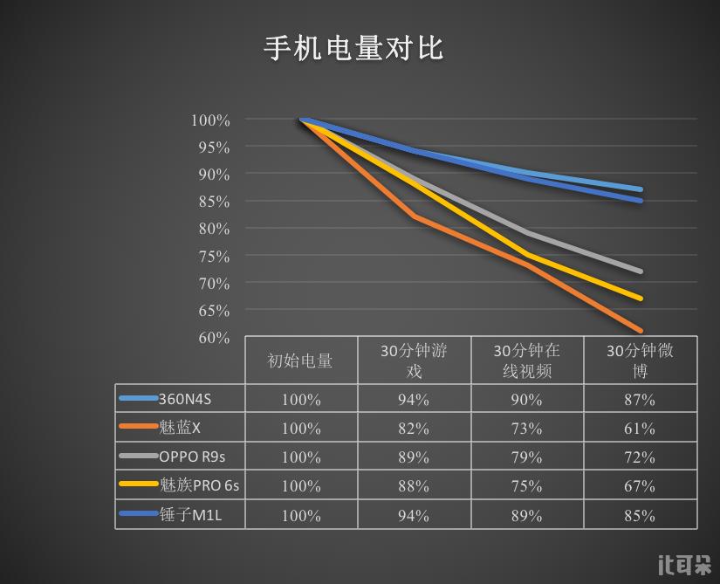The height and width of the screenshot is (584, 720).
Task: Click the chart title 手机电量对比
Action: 354,48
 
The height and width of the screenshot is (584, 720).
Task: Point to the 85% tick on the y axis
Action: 210,202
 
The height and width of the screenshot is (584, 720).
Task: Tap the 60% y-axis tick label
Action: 210,338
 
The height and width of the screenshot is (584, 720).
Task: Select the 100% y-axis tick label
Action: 210,120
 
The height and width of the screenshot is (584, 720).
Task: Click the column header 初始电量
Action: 300,361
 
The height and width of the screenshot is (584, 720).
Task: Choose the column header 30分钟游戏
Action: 414,361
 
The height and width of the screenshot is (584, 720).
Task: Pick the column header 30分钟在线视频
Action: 527,361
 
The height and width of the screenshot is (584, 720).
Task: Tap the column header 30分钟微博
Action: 640,361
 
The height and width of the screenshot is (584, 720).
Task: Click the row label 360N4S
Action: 185,400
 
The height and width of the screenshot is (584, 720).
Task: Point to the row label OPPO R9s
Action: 192,457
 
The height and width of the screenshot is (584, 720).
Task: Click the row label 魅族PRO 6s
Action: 199,485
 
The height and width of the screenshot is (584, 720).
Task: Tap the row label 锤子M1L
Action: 190,515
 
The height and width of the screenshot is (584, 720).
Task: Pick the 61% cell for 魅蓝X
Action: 640,429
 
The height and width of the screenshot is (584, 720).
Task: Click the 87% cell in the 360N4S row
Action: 640,400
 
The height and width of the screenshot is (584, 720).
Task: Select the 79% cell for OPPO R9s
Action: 527,457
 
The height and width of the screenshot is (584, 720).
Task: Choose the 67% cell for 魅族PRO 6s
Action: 640,486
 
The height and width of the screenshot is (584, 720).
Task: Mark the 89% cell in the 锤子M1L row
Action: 527,516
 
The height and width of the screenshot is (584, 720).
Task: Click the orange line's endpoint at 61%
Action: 641,331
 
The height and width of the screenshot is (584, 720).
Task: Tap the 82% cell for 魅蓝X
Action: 414,429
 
